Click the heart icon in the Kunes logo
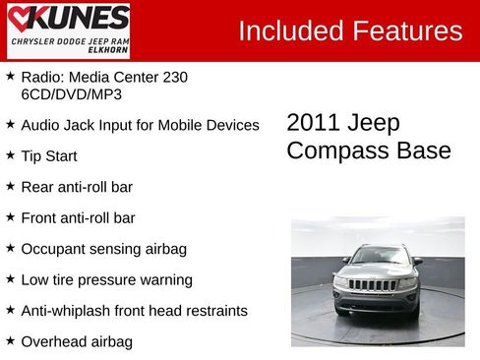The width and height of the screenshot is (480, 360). [23, 19]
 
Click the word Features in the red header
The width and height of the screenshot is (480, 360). [404, 30]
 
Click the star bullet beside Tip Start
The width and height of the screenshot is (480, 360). [10, 154]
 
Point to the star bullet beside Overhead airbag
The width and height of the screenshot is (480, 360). [10, 340]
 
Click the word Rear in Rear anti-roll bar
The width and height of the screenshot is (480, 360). [36, 187]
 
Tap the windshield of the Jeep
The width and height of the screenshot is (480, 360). [381, 257]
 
